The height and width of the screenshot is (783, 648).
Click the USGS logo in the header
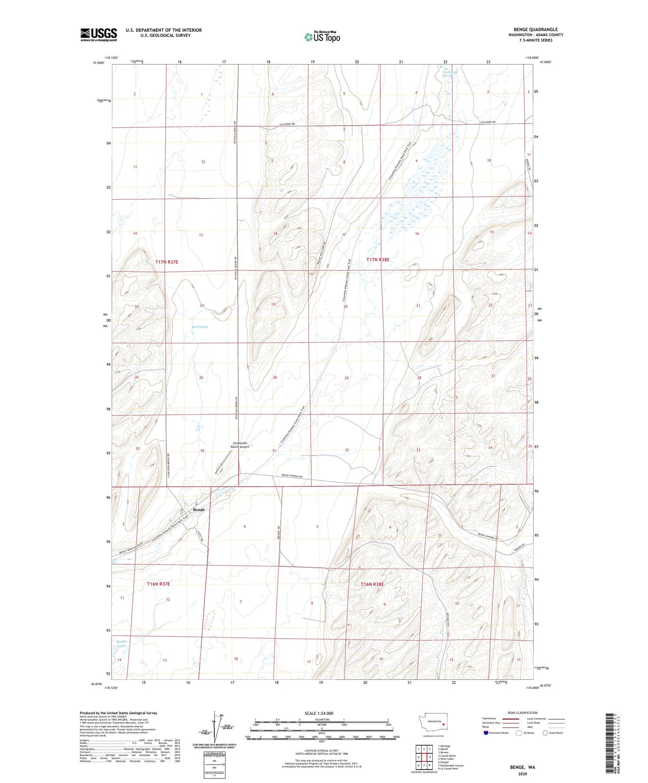[x=99, y=35]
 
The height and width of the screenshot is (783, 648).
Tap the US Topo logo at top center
[x=322, y=36]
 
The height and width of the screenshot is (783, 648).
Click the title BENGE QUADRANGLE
[x=535, y=30]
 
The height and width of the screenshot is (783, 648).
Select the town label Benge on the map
[x=199, y=510]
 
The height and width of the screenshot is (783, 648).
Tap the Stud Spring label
[x=200, y=327]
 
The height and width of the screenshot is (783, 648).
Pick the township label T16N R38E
[x=373, y=584]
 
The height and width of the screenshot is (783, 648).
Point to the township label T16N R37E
[x=159, y=584]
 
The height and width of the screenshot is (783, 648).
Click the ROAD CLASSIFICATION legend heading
[x=522, y=713]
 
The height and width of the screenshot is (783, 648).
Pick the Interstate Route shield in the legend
[x=487, y=733]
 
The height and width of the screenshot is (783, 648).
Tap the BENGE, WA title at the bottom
[x=522, y=767]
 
